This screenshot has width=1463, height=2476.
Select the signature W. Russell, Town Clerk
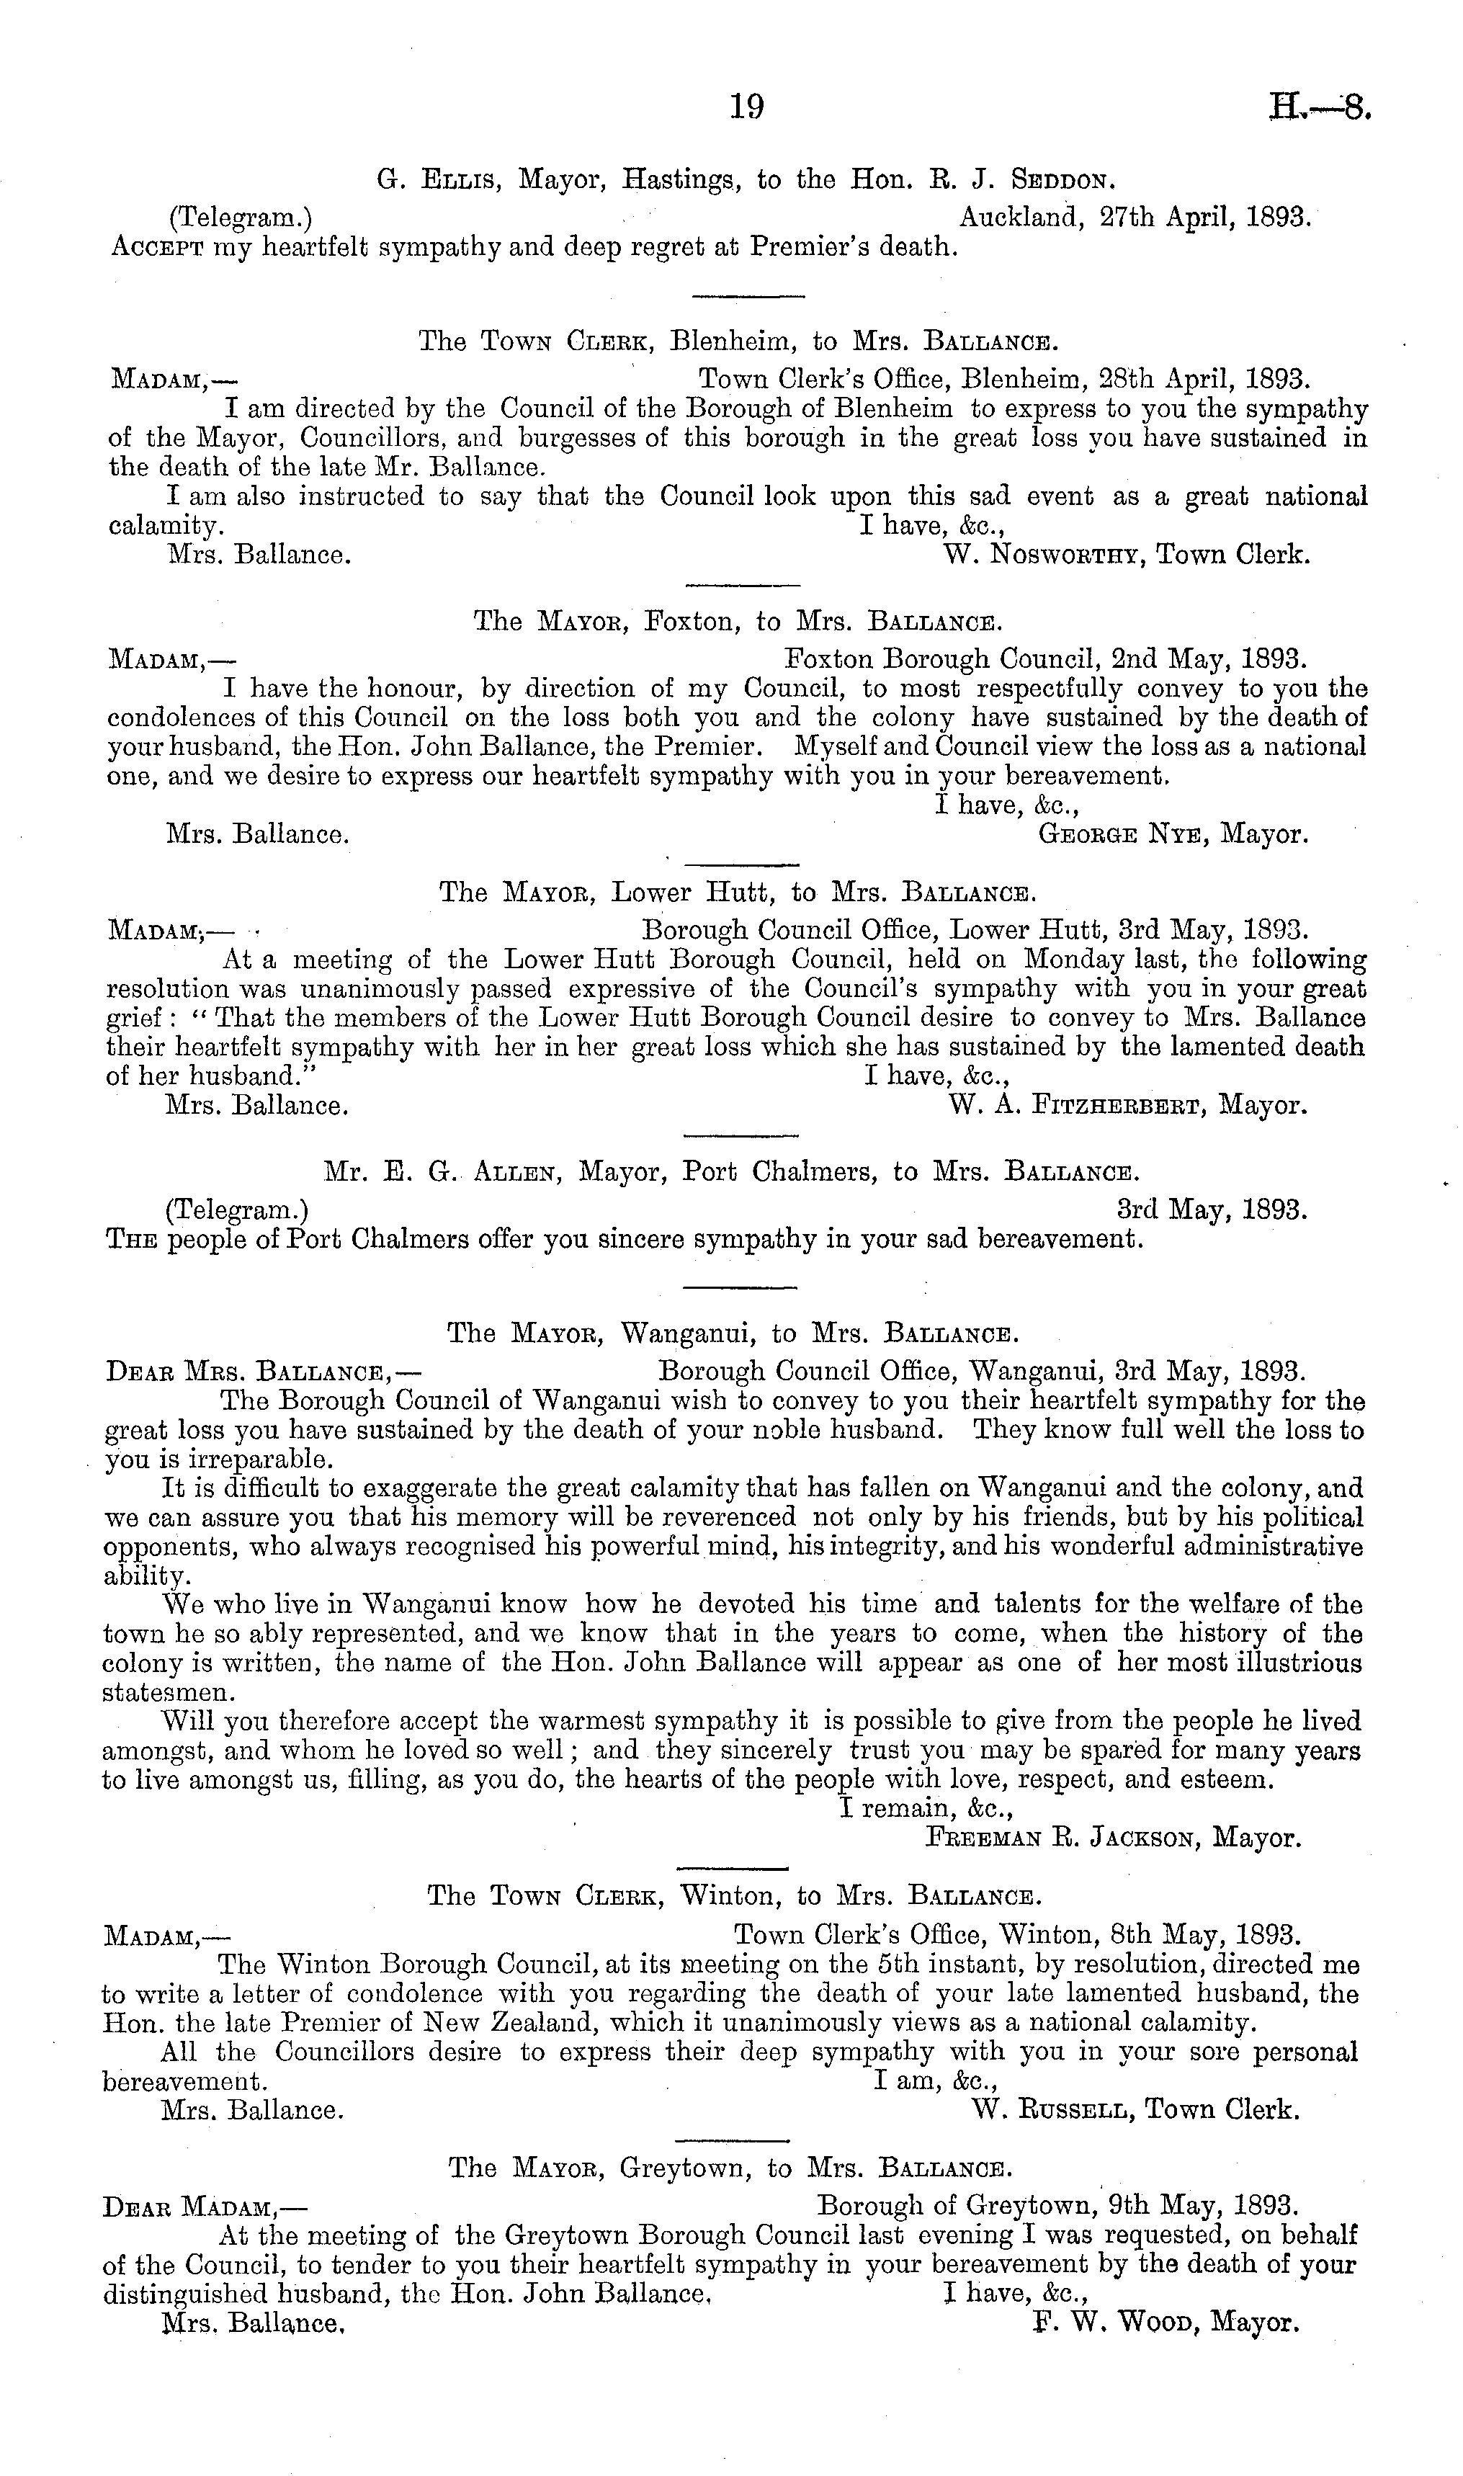coord(1134,2110)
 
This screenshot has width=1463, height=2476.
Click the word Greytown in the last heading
coord(695,2168)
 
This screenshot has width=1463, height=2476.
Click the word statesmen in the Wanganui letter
coord(169,1694)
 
